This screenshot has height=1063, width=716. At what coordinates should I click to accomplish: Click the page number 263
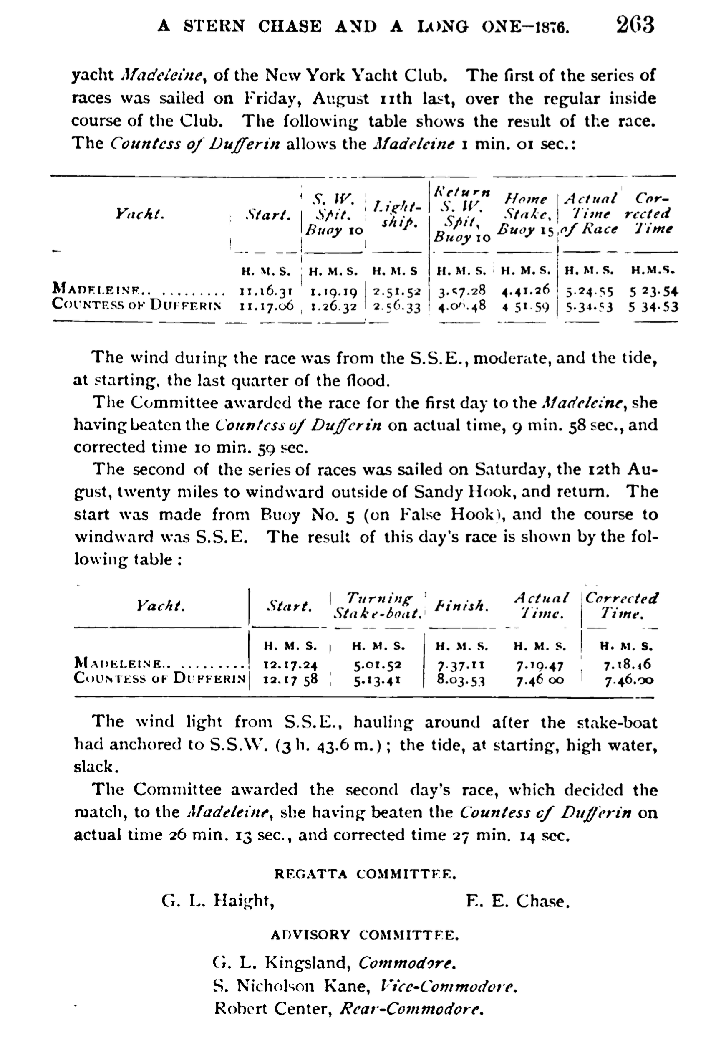point(635,25)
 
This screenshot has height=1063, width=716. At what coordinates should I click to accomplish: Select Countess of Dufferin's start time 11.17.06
point(267,306)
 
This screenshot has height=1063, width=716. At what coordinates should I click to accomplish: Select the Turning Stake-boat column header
point(378,606)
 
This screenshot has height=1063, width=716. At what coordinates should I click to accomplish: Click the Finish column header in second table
point(461,606)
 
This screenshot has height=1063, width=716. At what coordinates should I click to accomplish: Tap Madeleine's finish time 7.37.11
point(461,665)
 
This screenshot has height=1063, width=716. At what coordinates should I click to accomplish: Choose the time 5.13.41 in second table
point(377,681)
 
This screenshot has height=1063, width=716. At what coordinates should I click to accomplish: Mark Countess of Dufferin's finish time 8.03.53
point(461,680)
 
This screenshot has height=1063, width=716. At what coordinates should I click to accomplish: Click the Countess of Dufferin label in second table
point(160,678)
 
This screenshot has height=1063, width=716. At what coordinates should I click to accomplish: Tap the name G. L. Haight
point(218,901)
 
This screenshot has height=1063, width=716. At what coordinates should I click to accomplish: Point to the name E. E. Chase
point(518,901)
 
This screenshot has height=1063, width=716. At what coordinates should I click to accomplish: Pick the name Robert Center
point(272,1008)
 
